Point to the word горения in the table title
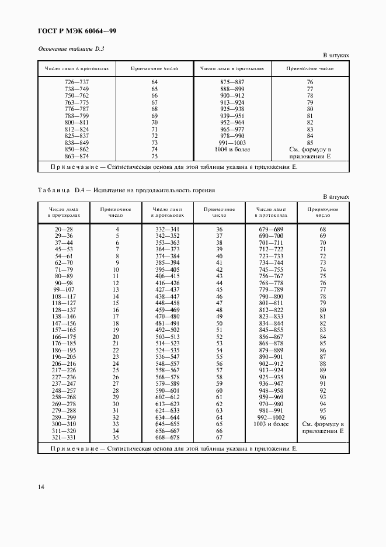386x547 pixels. pyautogui.click(x=203, y=190)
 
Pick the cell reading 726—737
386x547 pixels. pyautogui.click(x=76, y=82)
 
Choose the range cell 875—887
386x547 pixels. pyautogui.click(x=232, y=82)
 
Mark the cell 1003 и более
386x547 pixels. pyautogui.click(x=270, y=423)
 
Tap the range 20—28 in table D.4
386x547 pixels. pyautogui.click(x=64, y=229)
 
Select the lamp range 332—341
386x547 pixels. pyautogui.click(x=168, y=229)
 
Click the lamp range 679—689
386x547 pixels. pyautogui.click(x=270, y=229)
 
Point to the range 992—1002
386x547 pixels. pyautogui.click(x=270, y=417)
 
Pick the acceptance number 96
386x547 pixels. pyautogui.click(x=323, y=417)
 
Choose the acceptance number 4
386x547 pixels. pyautogui.click(x=117, y=229)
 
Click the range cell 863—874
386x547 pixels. pyautogui.click(x=76, y=157)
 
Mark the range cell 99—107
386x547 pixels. pyautogui.click(x=64, y=289)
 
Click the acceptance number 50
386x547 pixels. pyautogui.click(x=220, y=323)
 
